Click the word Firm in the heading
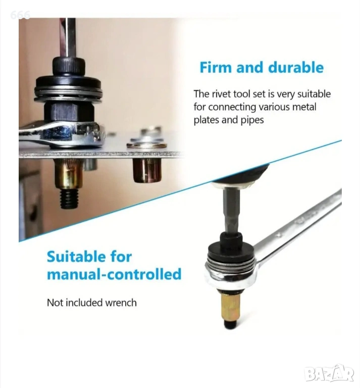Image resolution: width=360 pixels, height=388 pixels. [x=216, y=68]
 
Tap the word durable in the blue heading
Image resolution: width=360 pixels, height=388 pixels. [x=296, y=68]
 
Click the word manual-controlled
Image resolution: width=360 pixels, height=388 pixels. [x=114, y=274]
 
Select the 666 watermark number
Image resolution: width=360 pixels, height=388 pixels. [x=20, y=15]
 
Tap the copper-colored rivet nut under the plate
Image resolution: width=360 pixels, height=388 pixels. [x=147, y=170]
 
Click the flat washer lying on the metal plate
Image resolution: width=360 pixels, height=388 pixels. [x=146, y=145]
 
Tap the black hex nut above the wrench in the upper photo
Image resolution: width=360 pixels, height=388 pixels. [x=69, y=111]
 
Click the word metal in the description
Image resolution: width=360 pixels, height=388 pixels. [x=304, y=107]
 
